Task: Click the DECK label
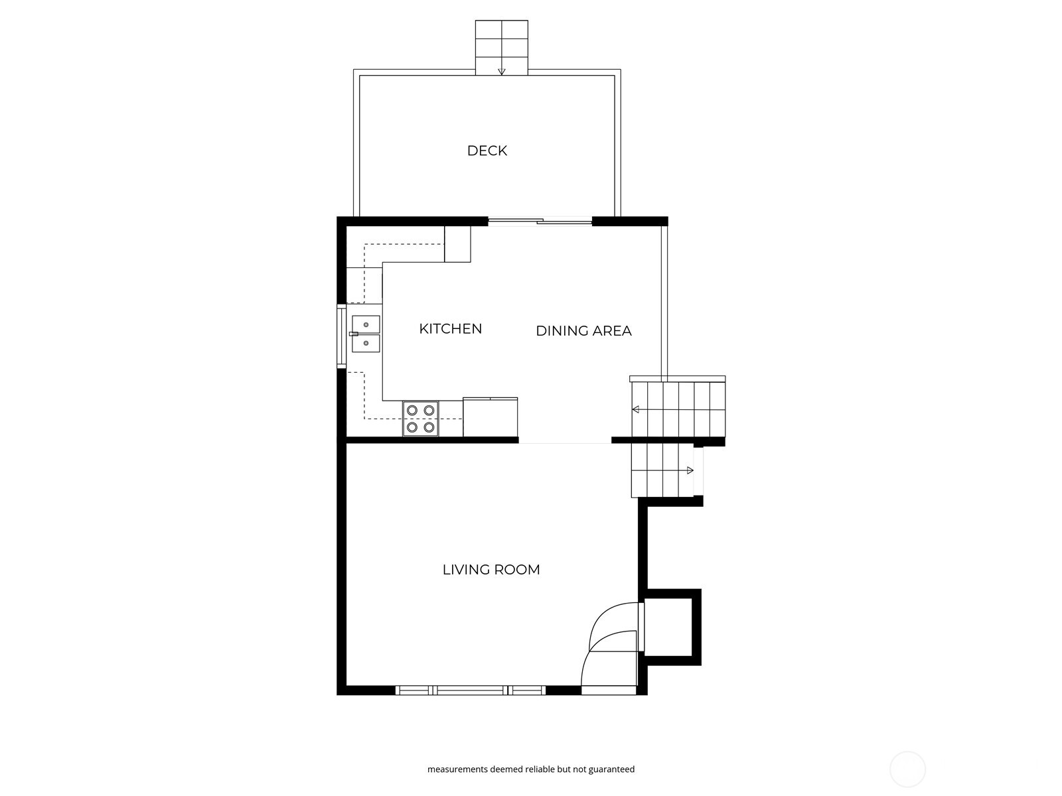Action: tap(487, 151)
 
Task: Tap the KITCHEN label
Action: tap(451, 328)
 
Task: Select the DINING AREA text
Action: tap(583, 330)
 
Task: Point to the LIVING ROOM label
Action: tap(491, 569)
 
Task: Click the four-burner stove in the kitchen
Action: tap(421, 419)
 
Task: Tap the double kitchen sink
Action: tap(366, 334)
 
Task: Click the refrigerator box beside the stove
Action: tap(490, 417)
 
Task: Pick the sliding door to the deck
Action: tap(540, 222)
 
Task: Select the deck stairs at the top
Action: tap(501, 46)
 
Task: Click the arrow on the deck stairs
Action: tap(502, 69)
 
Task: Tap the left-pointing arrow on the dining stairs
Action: tap(636, 409)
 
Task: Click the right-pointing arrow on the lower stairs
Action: tap(689, 470)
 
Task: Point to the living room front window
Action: tap(471, 691)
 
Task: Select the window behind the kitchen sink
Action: tap(341, 335)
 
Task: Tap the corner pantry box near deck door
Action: tap(457, 243)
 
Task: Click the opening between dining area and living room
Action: tap(565, 442)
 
